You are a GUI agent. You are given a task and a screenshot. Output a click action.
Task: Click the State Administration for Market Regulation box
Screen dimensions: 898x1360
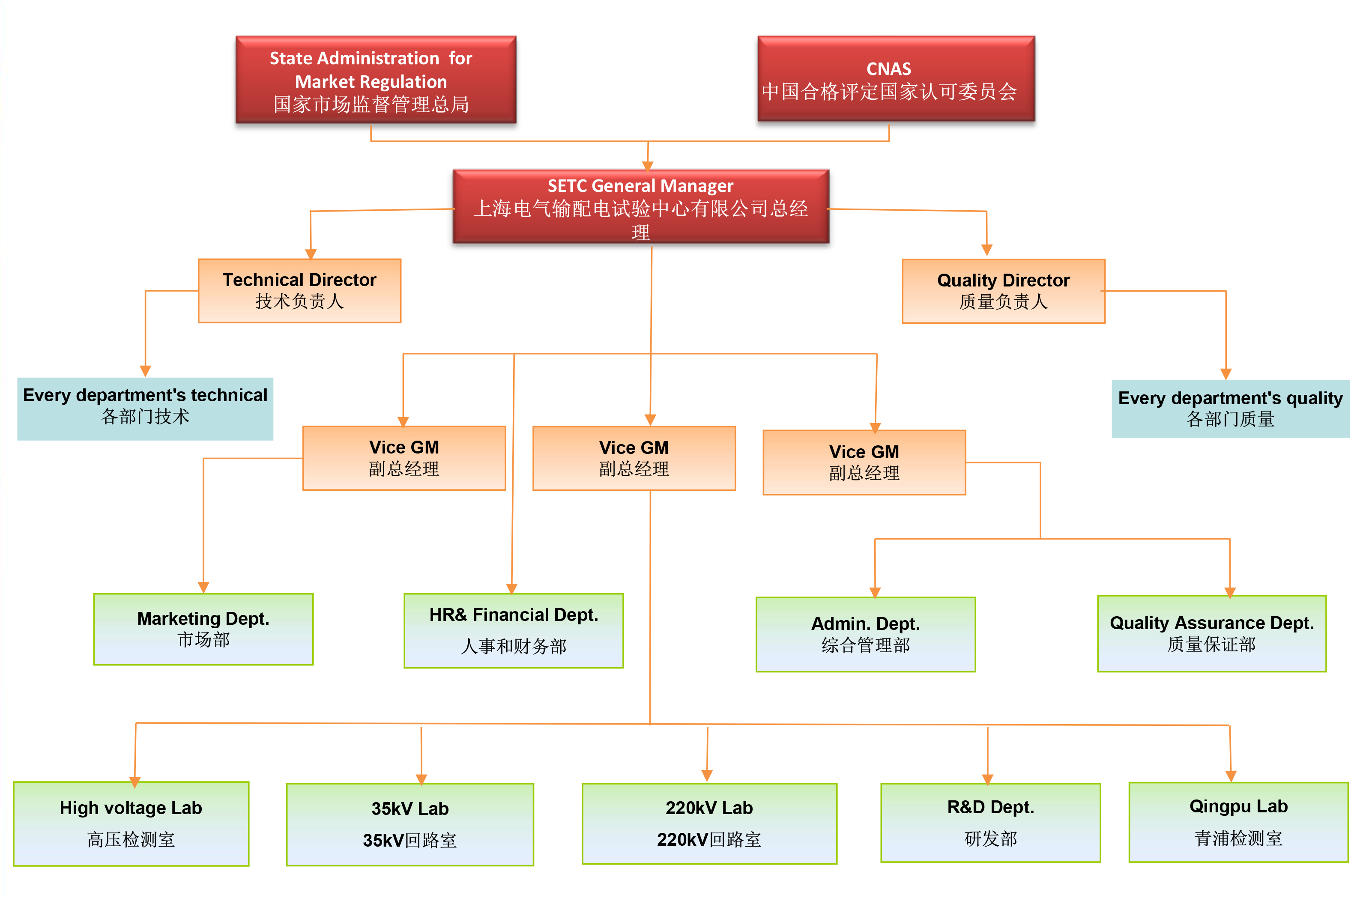(376, 80)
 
